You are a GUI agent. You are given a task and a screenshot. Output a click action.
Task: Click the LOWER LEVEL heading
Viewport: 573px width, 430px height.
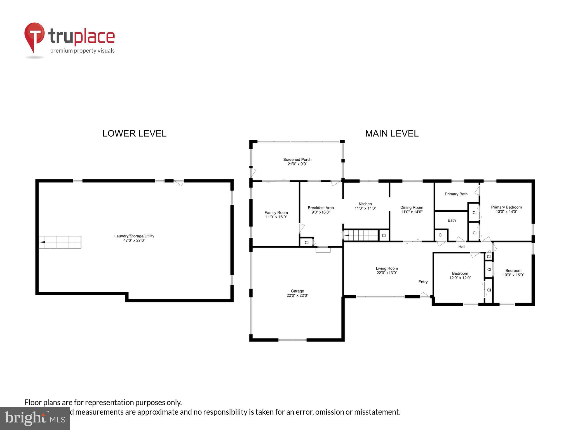(x=134, y=134)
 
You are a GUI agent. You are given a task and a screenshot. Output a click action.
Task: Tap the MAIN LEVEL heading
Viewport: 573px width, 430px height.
(x=392, y=134)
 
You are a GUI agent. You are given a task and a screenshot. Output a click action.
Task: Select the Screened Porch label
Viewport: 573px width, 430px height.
(x=297, y=160)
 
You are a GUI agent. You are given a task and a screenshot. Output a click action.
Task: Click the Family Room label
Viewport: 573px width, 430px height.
(x=276, y=212)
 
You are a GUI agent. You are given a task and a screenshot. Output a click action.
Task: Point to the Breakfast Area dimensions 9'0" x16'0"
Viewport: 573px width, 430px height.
(x=321, y=212)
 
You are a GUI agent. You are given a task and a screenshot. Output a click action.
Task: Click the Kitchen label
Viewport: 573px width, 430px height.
(x=365, y=204)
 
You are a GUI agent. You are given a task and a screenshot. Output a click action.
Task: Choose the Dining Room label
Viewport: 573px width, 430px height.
(x=412, y=207)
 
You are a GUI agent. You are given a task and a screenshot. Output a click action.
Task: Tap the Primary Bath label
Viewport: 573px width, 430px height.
(x=456, y=194)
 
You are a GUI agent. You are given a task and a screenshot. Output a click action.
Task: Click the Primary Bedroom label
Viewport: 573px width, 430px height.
(x=506, y=207)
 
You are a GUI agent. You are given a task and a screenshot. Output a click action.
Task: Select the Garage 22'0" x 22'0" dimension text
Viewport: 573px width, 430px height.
(x=297, y=295)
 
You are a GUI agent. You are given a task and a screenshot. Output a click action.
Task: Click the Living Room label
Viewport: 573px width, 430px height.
(x=387, y=268)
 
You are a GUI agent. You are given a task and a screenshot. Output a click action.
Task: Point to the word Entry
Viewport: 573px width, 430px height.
(x=423, y=282)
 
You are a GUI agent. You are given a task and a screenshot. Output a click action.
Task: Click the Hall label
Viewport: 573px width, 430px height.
(x=462, y=247)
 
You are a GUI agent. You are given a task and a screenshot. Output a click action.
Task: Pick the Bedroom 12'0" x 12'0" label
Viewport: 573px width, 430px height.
(x=460, y=275)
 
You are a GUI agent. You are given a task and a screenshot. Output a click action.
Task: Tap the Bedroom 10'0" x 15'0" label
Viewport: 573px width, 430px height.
(x=513, y=273)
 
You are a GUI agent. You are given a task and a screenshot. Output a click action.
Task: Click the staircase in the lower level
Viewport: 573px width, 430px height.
(x=60, y=242)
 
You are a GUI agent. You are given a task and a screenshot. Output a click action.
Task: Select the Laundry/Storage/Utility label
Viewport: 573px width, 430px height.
(x=134, y=236)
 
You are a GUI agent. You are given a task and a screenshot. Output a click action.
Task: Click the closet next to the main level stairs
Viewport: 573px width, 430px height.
(x=384, y=235)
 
